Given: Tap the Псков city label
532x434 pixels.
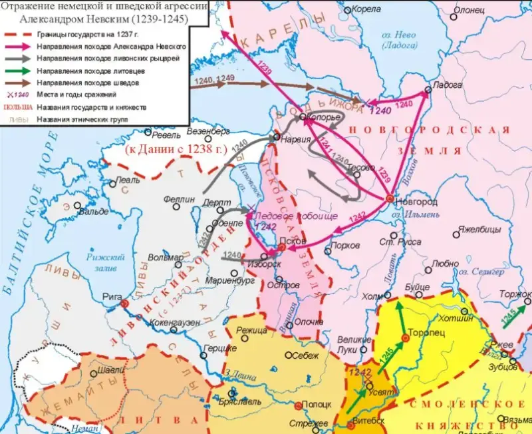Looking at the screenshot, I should tap(293, 240).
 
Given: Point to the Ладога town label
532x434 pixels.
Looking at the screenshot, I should tap(447, 86).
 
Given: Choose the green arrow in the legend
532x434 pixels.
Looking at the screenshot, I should tap(19, 70).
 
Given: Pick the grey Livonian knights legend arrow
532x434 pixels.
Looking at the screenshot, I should tap(19, 59).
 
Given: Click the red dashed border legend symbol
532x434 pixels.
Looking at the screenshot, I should tap(19, 35).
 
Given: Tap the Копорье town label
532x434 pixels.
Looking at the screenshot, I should tap(325, 117).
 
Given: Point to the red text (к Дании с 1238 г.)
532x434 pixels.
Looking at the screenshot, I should tap(176, 149).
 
